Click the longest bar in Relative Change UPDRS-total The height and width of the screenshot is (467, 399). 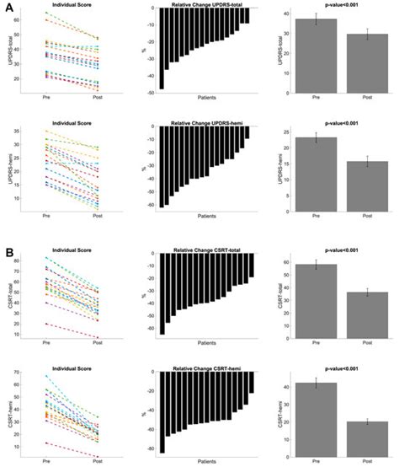162,50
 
